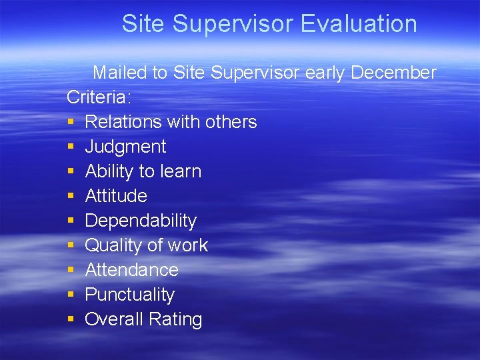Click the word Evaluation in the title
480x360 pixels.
coord(359,24)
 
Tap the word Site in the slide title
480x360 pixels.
coord(143,24)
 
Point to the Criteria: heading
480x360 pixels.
coord(99,97)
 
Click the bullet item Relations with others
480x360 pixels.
coord(171,122)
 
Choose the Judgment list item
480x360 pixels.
coord(125,147)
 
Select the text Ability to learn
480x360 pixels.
coord(143,171)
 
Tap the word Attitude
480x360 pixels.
coord(116,196)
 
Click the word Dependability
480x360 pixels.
coord(141,221)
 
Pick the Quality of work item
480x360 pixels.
coord(146,245)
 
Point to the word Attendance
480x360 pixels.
coord(131,270)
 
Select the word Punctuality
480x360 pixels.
coord(129,295)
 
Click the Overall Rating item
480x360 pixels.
coord(143,319)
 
